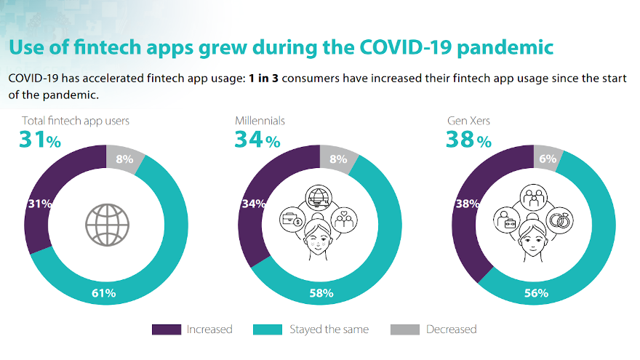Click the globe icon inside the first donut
tap(106, 224)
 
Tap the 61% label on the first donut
tap(104, 294)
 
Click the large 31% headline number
tap(39, 139)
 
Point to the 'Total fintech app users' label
tap(76, 120)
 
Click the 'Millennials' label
tap(259, 120)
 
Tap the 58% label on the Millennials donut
tap(321, 294)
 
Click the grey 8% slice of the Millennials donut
tap(340, 159)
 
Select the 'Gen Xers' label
tap(468, 120)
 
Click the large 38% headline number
tap(468, 139)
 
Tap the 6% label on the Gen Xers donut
tap(548, 159)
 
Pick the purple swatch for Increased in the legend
tap(166, 329)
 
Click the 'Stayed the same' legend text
tap(330, 329)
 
